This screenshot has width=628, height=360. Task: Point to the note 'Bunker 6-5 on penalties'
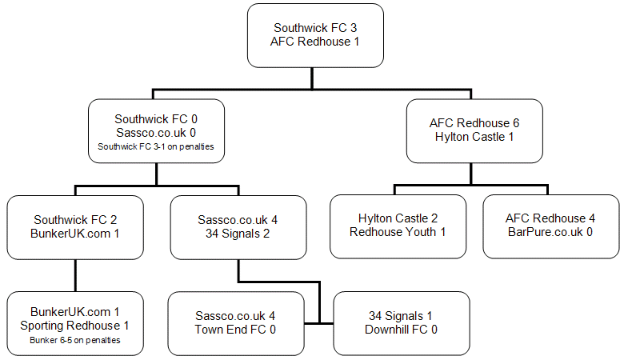[x=76, y=340]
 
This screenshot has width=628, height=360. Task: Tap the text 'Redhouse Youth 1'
[x=398, y=231]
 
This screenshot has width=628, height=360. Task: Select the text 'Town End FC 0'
[x=235, y=329]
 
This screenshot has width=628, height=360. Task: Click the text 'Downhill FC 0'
[x=401, y=329]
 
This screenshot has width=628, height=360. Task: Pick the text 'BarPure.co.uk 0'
[x=550, y=231]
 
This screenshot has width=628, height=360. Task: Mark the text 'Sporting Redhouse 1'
[x=76, y=326]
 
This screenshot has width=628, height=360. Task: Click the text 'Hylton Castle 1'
[x=474, y=136]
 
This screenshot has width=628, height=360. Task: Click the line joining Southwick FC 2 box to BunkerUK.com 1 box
[x=76, y=274]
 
